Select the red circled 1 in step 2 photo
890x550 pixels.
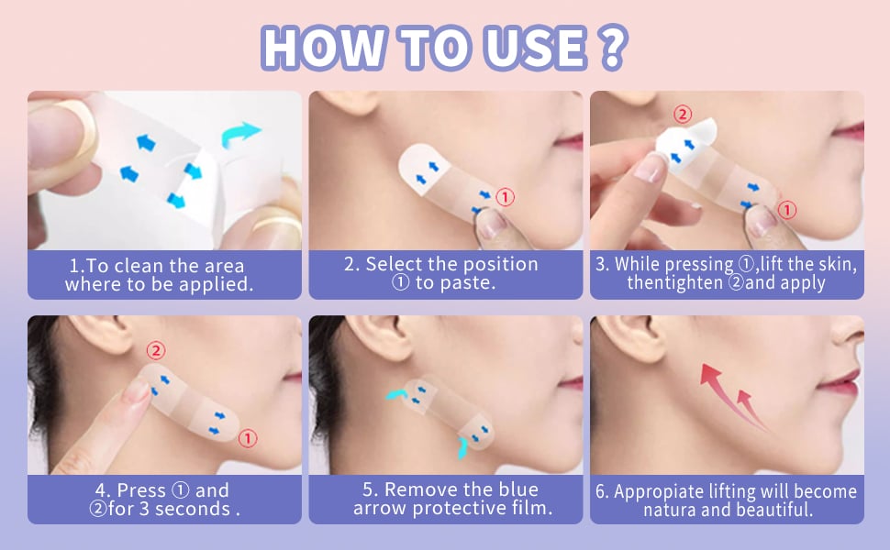pyautogui.click(x=506, y=196)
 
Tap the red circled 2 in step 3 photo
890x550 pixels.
pyautogui.click(x=682, y=115)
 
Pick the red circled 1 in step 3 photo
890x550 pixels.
pyautogui.click(x=786, y=211)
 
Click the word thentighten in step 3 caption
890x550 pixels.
pyautogui.click(x=674, y=283)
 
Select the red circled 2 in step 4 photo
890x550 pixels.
pyautogui.click(x=156, y=350)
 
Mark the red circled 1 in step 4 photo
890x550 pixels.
pyautogui.click(x=248, y=438)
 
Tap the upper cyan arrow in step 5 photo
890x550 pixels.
pyautogui.click(x=395, y=392)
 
